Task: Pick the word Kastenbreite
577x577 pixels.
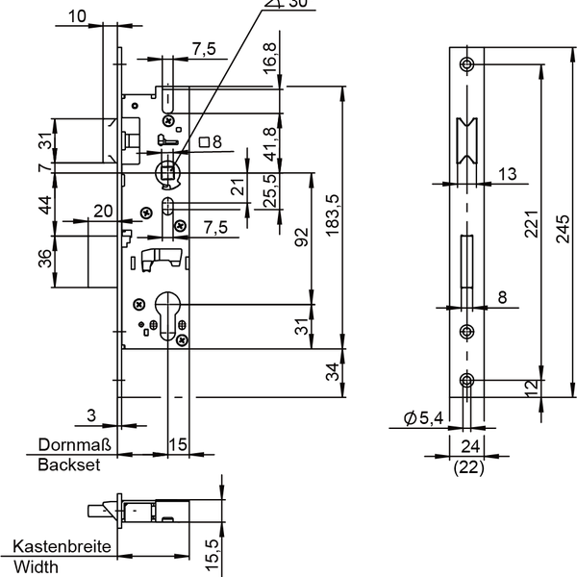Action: click(60, 547)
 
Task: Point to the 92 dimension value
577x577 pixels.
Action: click(301, 237)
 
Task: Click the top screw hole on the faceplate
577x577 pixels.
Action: click(467, 64)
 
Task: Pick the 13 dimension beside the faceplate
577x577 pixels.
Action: click(508, 173)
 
